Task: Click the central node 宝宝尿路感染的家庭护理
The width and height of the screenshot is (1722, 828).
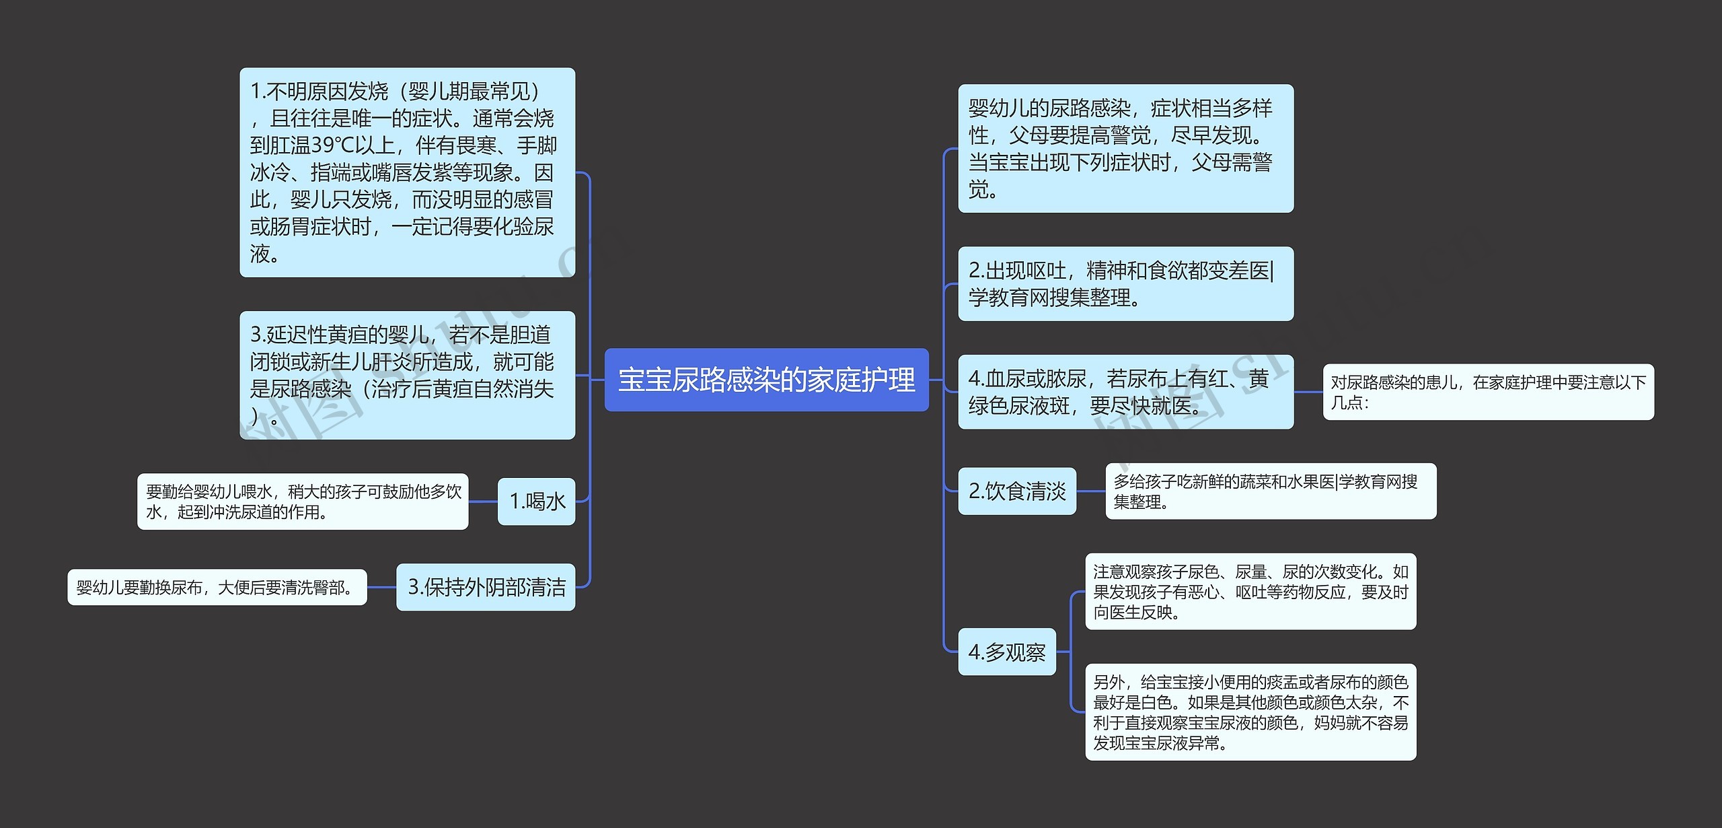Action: [x=766, y=380]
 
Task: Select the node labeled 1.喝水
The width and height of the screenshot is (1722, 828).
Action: [x=536, y=502]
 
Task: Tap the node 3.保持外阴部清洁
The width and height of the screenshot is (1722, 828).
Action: [x=486, y=587]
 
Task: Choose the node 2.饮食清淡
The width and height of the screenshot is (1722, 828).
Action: [x=1016, y=491]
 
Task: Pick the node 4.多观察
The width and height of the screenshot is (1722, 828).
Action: [x=1006, y=652]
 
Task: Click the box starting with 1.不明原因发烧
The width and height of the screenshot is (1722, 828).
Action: [x=407, y=172]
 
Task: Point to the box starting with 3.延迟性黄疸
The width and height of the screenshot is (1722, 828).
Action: [x=407, y=375]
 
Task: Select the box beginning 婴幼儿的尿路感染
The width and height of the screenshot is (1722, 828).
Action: [x=1125, y=149]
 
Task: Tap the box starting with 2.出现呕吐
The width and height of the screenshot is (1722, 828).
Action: [x=1125, y=283]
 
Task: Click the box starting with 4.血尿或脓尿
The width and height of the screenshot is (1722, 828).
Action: [x=1125, y=392]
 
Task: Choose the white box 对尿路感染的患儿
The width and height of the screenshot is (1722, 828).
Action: [x=1488, y=392]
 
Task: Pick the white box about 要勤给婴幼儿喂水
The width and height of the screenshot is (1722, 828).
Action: [x=303, y=502]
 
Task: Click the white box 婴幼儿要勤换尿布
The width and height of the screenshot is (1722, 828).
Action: [x=217, y=587]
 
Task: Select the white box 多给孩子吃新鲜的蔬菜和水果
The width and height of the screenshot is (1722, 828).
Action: [x=1270, y=491]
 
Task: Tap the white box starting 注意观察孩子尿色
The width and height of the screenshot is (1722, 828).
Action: [x=1250, y=592]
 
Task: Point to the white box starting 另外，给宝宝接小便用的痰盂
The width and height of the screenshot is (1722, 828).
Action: [x=1250, y=712]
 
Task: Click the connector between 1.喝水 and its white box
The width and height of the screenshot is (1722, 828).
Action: [x=483, y=502]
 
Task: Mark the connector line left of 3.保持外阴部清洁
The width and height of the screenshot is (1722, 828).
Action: [x=381, y=587]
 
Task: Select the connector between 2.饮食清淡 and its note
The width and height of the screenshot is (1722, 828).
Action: [x=1090, y=491]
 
